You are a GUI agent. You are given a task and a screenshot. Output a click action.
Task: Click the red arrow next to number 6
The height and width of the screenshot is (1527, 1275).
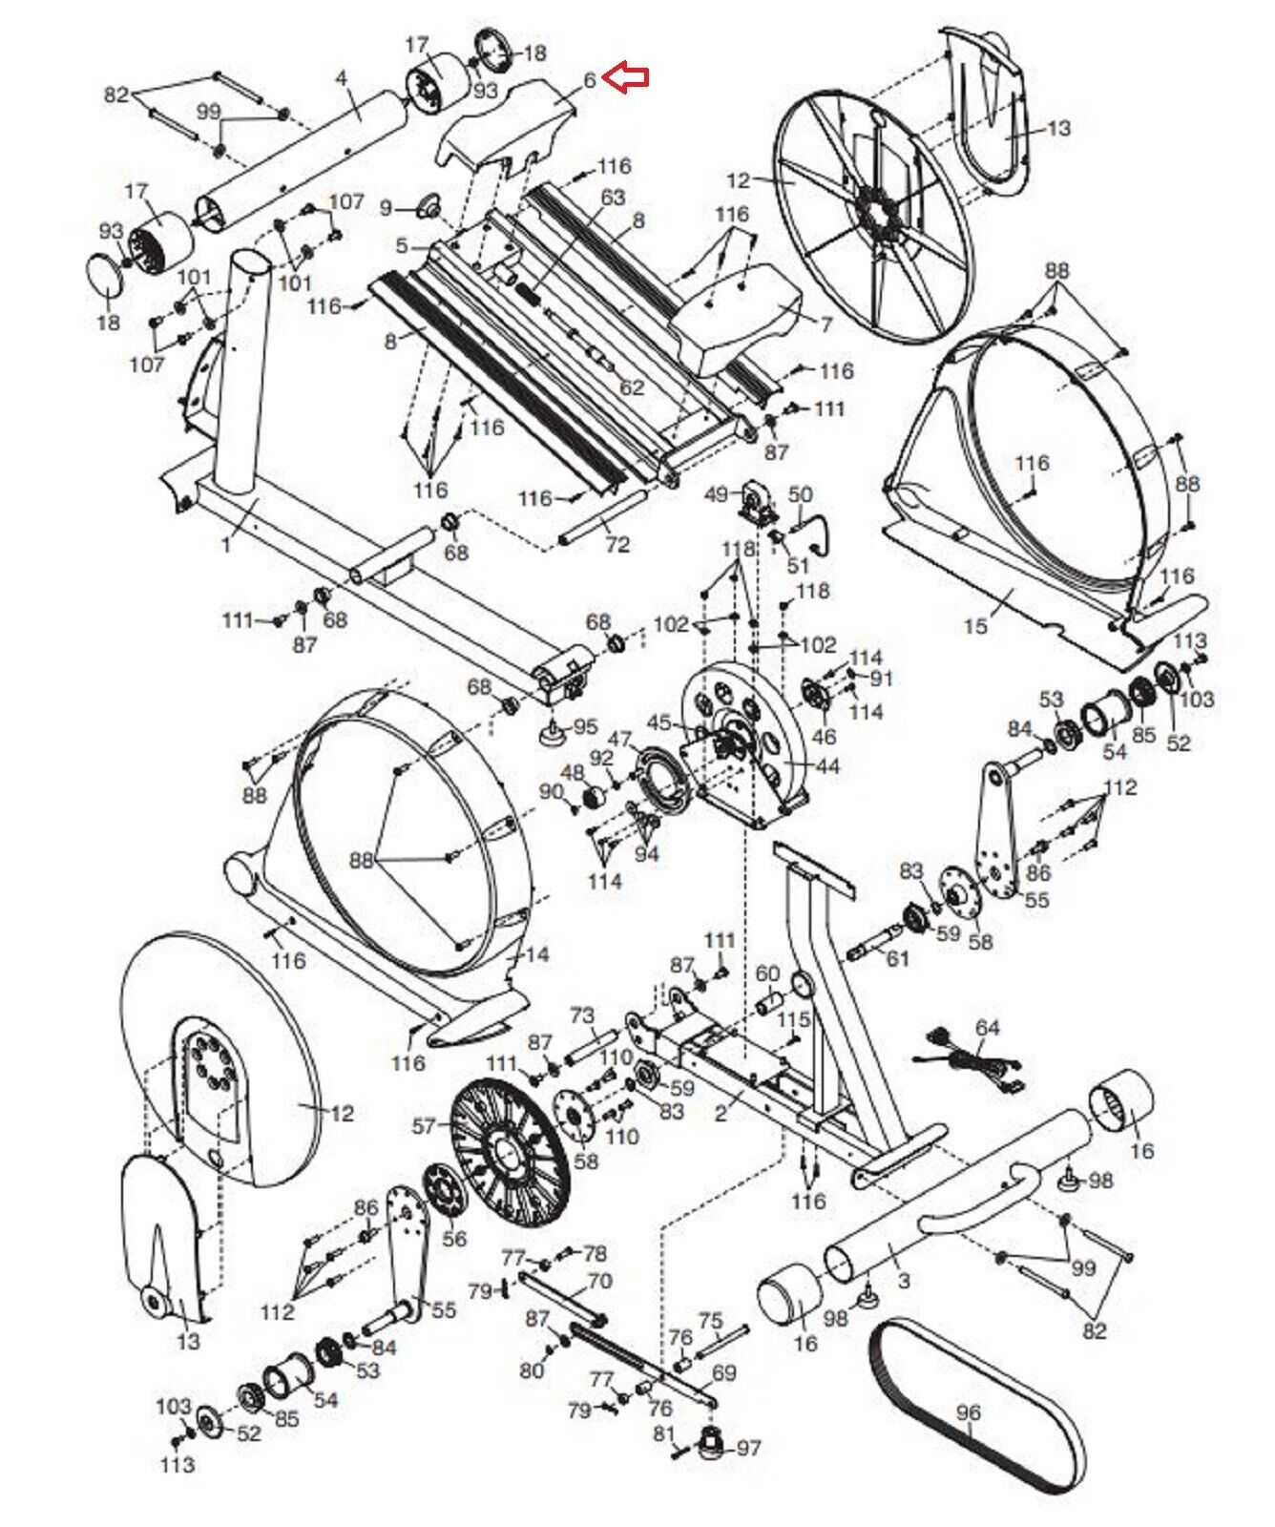pyautogui.click(x=629, y=76)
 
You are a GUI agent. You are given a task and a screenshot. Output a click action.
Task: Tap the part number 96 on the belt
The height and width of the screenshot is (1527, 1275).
pyautogui.click(x=968, y=1412)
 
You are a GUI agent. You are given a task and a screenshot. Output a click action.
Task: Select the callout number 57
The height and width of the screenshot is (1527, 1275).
pyautogui.click(x=425, y=1127)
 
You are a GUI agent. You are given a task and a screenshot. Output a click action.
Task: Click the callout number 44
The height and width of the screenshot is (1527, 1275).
pyautogui.click(x=827, y=765)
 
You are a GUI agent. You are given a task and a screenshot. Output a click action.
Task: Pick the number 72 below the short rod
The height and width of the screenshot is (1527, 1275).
pyautogui.click(x=617, y=544)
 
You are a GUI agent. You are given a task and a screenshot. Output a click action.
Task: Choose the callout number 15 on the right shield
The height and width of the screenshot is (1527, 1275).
pyautogui.click(x=975, y=626)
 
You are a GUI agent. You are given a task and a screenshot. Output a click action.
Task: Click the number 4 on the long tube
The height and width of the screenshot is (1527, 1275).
pyautogui.click(x=342, y=76)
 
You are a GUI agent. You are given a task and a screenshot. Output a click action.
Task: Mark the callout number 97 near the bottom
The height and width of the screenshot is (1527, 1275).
pyautogui.click(x=748, y=1449)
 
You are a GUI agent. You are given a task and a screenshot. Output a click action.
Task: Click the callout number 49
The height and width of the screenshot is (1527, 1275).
pyautogui.click(x=717, y=493)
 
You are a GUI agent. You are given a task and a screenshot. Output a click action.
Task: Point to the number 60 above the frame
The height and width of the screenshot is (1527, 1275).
pyautogui.click(x=768, y=974)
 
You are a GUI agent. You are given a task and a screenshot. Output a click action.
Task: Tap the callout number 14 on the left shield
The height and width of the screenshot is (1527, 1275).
pyautogui.click(x=537, y=954)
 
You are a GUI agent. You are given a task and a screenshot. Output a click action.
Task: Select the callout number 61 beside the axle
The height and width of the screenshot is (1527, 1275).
pyautogui.click(x=898, y=956)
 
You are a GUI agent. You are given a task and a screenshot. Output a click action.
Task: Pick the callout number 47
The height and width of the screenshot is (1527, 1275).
pyautogui.click(x=620, y=740)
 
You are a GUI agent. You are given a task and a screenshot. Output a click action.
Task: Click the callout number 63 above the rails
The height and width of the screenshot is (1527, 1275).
pyautogui.click(x=613, y=198)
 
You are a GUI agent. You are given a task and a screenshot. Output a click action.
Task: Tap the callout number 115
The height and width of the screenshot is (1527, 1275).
pyautogui.click(x=794, y=1020)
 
